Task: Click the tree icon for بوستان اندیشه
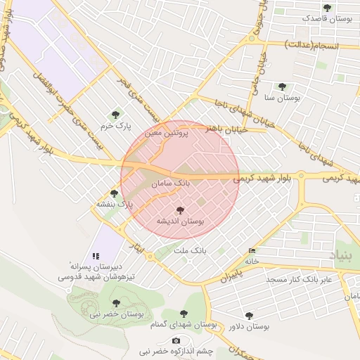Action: click(180, 210)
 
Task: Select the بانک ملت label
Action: click(191, 250)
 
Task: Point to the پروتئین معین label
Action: click(167, 131)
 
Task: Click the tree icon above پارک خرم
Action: click(116, 114)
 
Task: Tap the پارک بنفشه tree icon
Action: click(115, 193)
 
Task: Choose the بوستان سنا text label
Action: click(282, 99)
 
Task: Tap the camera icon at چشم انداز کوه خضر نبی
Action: click(176, 340)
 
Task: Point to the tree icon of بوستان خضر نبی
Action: click(116, 303)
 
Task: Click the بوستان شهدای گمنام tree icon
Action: click(184, 314)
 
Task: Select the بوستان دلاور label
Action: click(250, 327)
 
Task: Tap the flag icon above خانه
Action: click(252, 251)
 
